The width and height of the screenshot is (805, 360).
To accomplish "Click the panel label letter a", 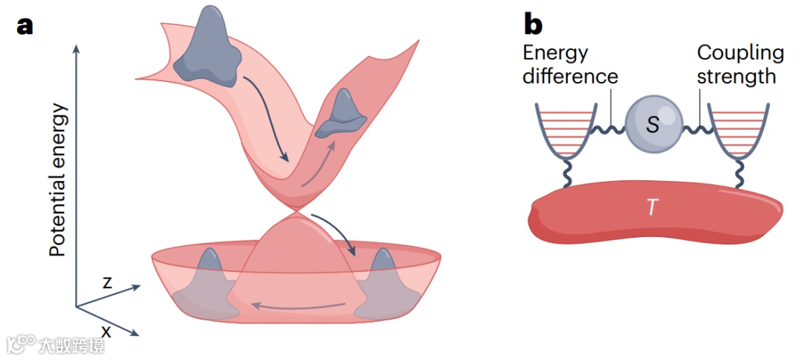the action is click(x=25, y=25).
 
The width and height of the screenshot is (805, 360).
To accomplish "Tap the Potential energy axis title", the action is click(x=58, y=179).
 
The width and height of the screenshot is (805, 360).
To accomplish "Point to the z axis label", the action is click(x=107, y=282).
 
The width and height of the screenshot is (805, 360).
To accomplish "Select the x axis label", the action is click(x=107, y=329).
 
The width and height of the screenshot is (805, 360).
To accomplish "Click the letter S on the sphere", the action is click(x=653, y=125).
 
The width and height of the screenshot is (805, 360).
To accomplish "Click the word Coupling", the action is click(x=740, y=54).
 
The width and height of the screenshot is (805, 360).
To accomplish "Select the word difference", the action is click(x=570, y=76).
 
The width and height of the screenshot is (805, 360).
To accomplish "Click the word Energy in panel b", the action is click(x=555, y=54).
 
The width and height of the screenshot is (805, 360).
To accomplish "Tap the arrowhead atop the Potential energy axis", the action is click(x=76, y=49).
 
